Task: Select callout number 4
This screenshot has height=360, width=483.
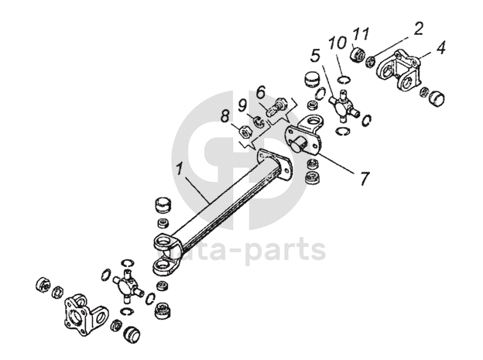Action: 440,47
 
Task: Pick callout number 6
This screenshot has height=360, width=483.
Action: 260,91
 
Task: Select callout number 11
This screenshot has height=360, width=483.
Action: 357,33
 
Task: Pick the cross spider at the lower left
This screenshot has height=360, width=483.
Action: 125,284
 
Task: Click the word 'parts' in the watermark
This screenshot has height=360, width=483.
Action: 286,249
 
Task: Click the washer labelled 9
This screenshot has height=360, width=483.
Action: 259,119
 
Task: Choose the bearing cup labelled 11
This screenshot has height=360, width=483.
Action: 358,57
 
